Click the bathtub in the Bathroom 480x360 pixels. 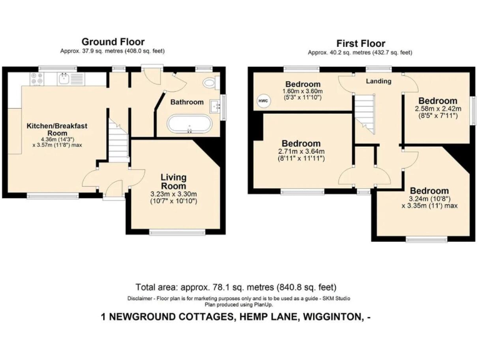click(x=190, y=124)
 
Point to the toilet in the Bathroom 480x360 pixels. click(x=209, y=84)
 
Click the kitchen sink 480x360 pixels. click(x=63, y=79)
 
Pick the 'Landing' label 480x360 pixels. click(x=378, y=81)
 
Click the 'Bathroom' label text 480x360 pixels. click(x=187, y=102)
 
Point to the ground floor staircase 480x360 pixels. click(x=117, y=141)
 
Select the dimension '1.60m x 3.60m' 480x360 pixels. click(x=303, y=91)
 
